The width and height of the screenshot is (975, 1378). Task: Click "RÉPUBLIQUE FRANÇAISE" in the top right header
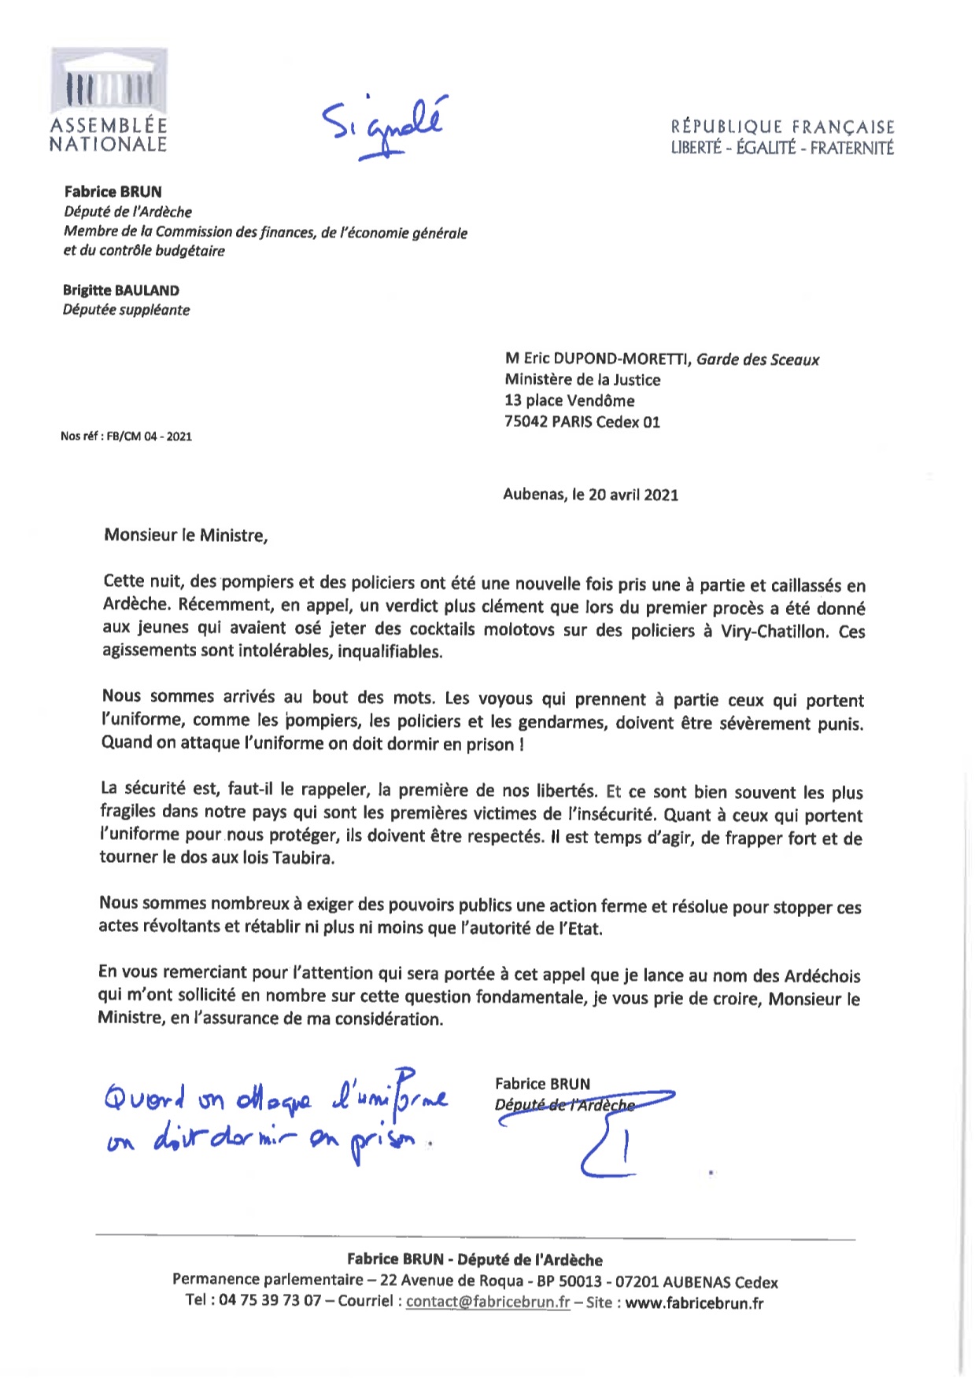click(x=782, y=127)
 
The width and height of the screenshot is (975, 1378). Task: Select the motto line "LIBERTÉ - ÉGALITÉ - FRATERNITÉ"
click(x=782, y=148)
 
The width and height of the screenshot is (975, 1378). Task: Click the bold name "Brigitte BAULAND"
click(x=121, y=290)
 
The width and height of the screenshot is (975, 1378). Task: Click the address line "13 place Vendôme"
click(x=570, y=400)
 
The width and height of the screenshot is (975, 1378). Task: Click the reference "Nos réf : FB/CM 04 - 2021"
click(x=126, y=436)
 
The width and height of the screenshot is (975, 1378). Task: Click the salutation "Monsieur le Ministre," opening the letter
click(x=186, y=536)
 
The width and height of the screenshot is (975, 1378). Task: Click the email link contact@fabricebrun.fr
click(x=488, y=1302)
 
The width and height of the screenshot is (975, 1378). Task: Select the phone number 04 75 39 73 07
click(x=270, y=1300)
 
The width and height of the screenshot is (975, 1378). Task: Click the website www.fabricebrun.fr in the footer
click(x=694, y=1302)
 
